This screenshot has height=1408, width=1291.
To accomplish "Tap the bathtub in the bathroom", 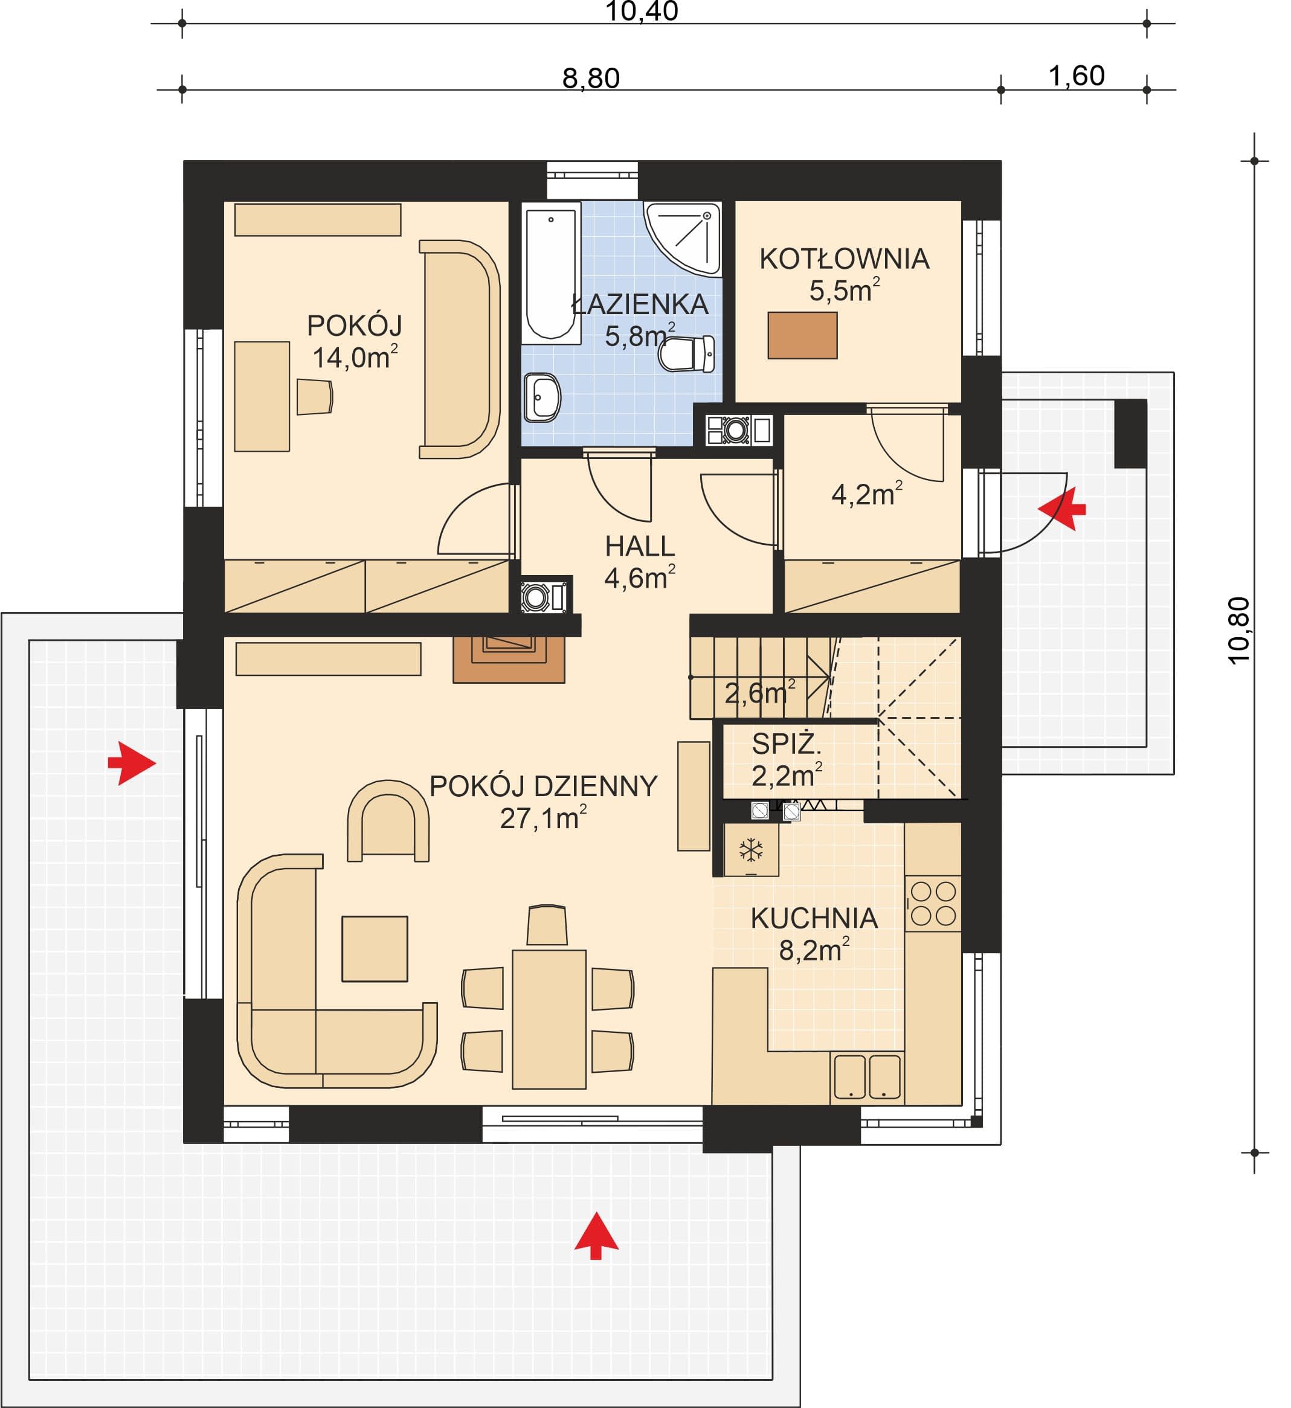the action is pos(553,273).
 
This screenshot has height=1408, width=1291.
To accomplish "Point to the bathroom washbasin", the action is pos(542,398).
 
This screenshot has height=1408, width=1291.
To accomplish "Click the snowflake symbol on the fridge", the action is pos(751,850).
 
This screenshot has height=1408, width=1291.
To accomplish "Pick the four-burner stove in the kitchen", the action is pos(933,904).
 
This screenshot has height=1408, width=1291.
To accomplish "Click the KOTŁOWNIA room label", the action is pos(845,259).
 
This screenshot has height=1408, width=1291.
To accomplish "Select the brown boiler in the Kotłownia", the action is pos(803,335).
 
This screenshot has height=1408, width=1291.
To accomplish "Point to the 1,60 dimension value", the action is pos(1077,76).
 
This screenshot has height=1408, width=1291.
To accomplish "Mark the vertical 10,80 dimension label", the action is pos(1238,631).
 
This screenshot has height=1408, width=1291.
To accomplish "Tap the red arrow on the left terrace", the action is pos(131,763).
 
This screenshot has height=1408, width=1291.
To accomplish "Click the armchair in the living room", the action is pos(388,821).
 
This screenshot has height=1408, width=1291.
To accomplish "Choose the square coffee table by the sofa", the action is pos(375,948).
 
